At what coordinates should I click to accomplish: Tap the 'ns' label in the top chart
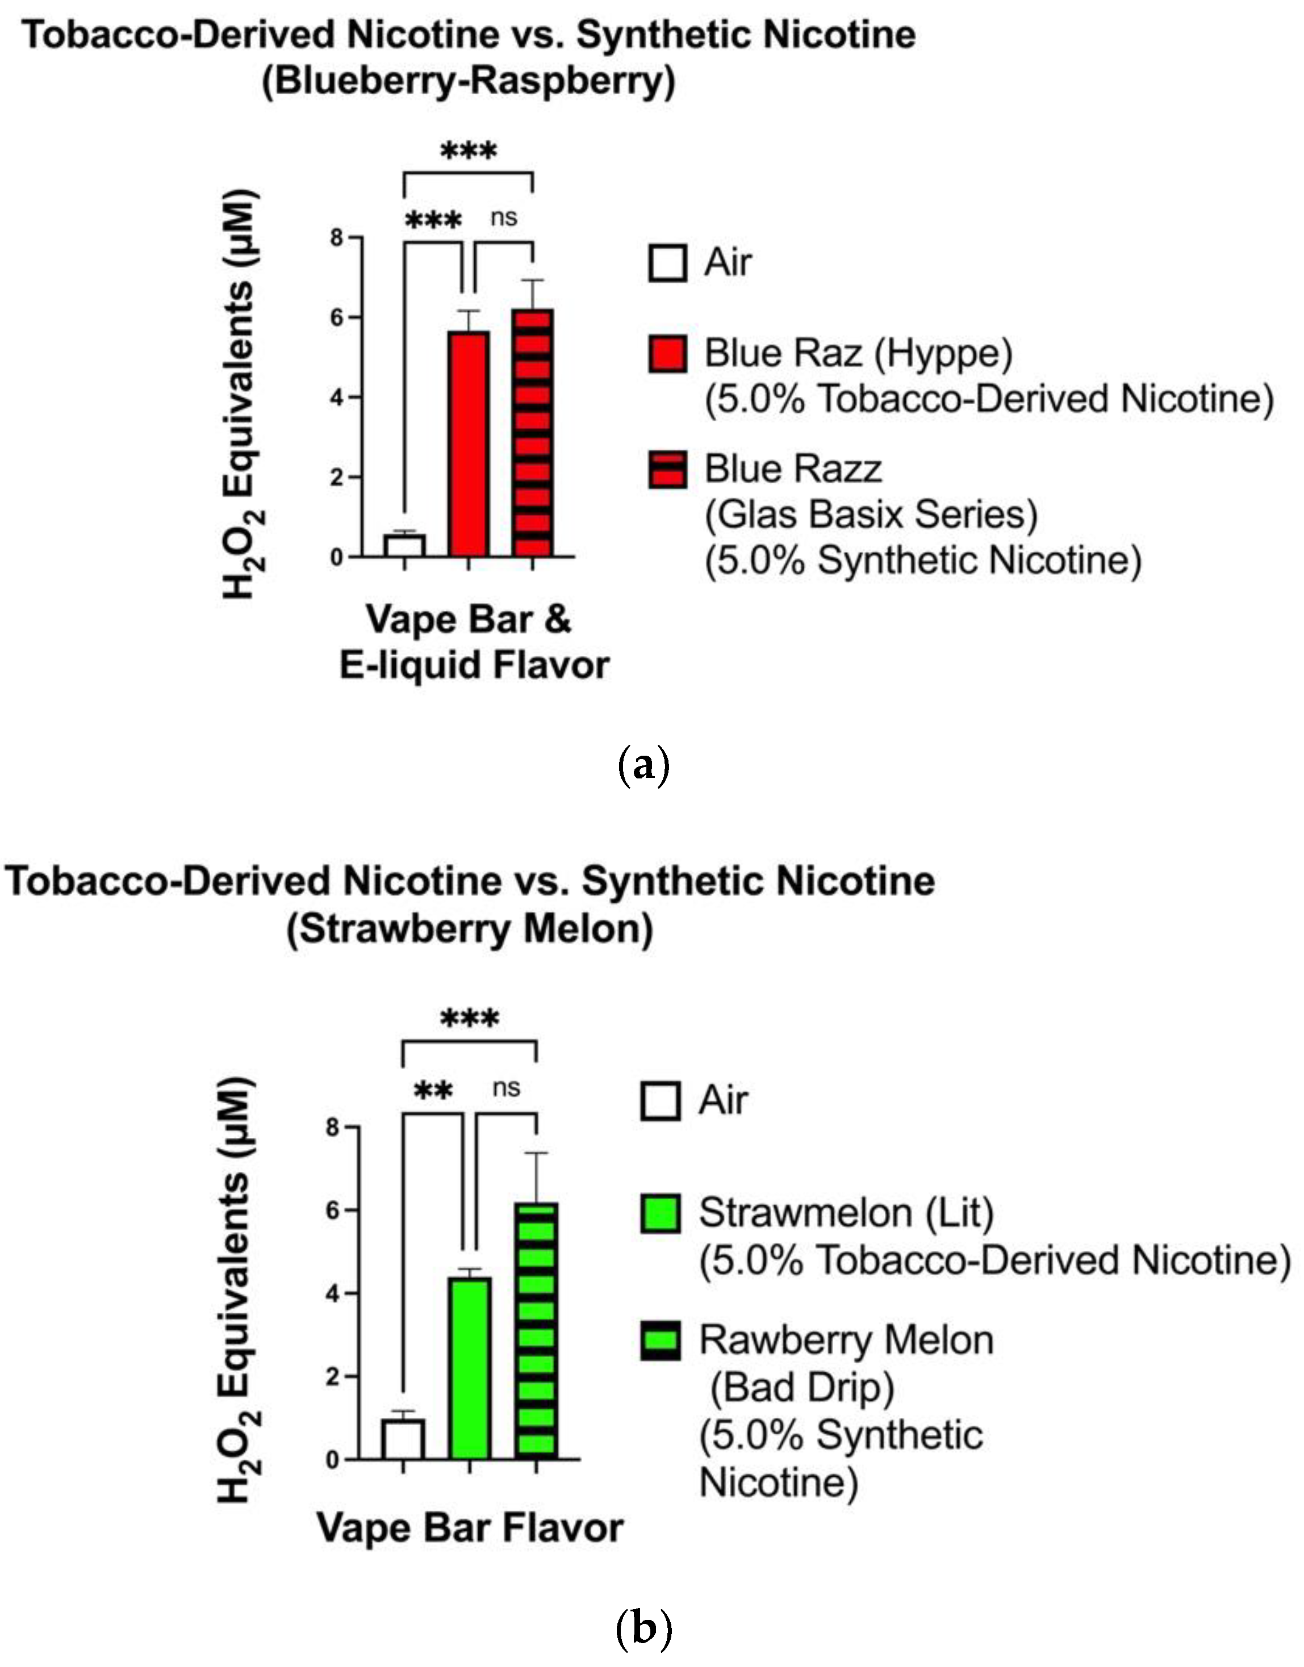click(504, 217)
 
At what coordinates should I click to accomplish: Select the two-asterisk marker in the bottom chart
click(433, 1091)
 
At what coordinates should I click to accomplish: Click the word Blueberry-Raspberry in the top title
click(468, 81)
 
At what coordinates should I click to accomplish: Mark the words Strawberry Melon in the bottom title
click(470, 929)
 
